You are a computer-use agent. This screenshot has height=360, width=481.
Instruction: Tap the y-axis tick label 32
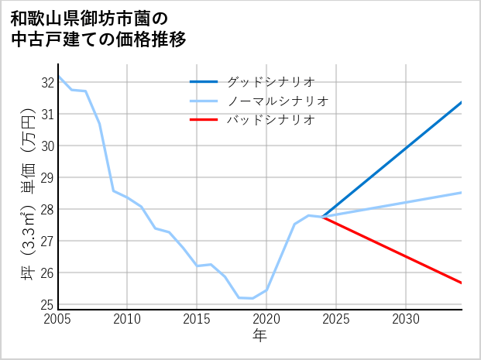coord(46,82)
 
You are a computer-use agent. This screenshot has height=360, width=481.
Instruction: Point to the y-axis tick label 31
coord(46,114)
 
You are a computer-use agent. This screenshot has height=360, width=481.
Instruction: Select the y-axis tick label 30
coord(46,146)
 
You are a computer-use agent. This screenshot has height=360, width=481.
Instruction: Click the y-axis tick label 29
coord(46,177)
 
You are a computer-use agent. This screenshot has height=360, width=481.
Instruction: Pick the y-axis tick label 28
coord(46,209)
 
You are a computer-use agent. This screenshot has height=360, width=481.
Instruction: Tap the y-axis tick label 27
coord(46,241)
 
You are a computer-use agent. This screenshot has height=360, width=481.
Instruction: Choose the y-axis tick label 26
coord(46,273)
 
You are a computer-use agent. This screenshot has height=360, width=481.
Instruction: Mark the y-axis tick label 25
coord(46,304)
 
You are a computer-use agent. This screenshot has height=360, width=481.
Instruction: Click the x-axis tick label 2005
coord(58,319)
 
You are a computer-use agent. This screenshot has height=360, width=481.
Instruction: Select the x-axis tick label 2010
coord(127,319)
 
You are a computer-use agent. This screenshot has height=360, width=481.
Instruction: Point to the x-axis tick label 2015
coord(197,319)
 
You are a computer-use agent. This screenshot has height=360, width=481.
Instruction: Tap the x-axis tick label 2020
coord(266,319)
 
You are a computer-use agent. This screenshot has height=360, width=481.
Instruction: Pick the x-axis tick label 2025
coord(336,319)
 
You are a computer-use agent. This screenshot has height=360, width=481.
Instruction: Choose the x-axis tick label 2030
coord(406,319)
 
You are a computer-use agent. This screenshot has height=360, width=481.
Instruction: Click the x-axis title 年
coord(260,335)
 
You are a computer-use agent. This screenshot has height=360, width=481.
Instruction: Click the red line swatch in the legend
coord(204,119)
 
